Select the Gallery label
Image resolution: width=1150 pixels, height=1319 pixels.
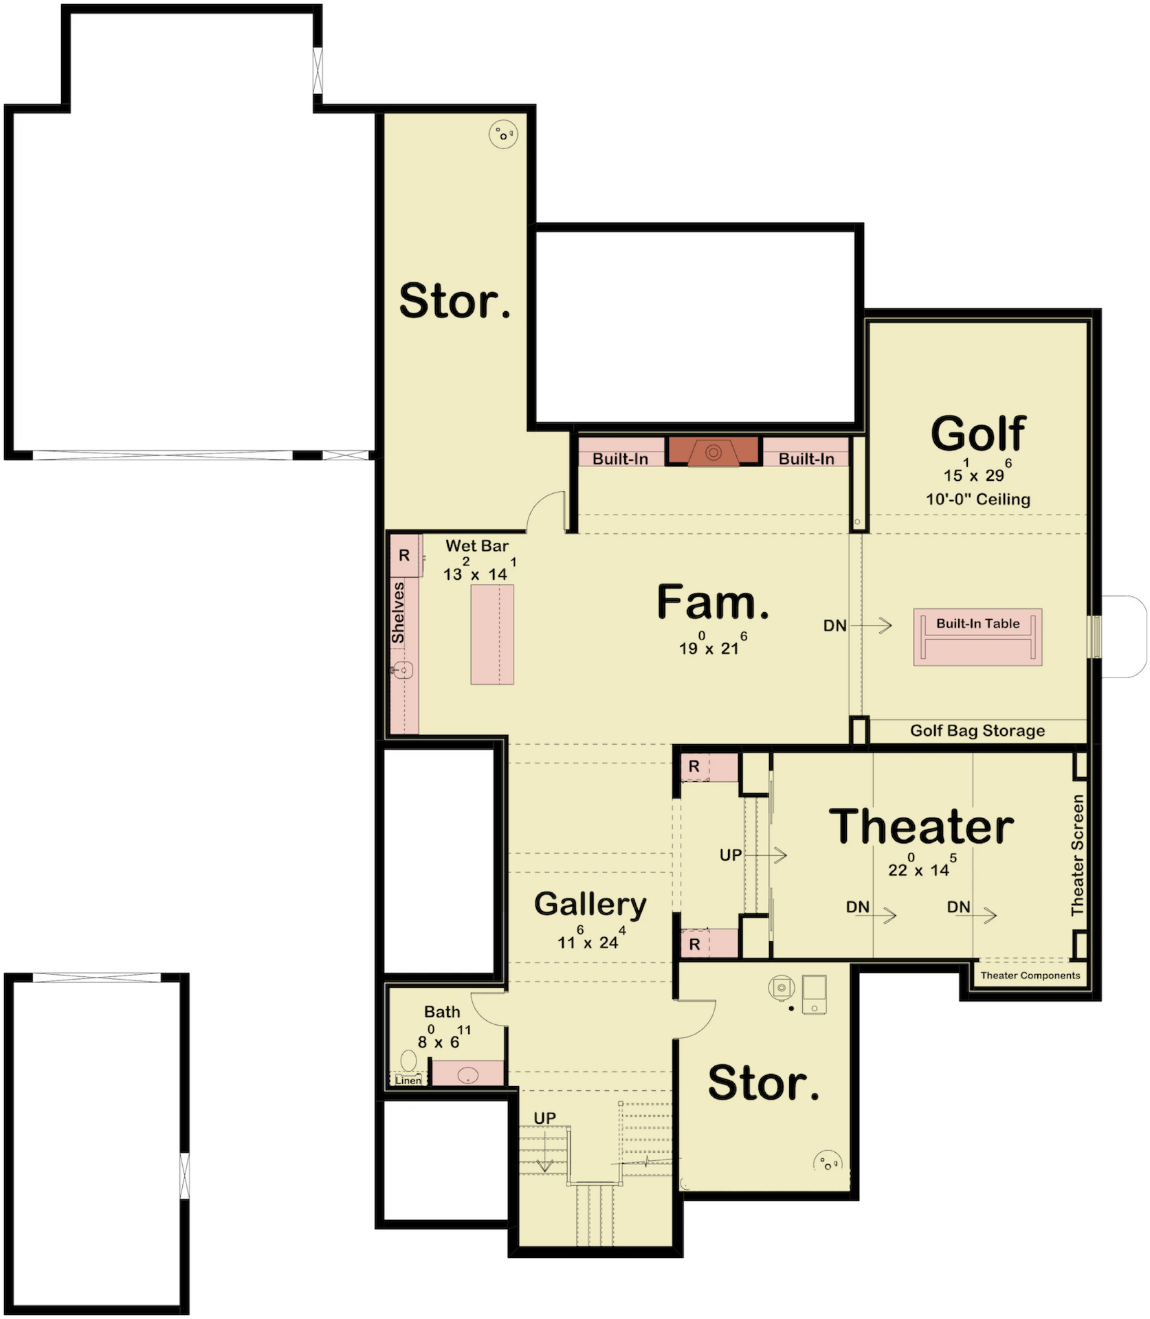(590, 905)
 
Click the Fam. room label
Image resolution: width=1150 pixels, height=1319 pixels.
(713, 602)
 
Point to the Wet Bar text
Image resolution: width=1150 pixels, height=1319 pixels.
(477, 545)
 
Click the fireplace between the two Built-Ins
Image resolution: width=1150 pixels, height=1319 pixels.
(714, 452)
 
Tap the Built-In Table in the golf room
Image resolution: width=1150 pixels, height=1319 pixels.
(977, 637)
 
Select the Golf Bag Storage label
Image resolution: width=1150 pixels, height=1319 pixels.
(977, 730)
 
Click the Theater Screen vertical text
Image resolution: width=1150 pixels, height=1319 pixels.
(1077, 855)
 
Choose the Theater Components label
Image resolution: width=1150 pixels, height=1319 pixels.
(1030, 975)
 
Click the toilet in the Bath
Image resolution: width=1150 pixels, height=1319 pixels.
(409, 1060)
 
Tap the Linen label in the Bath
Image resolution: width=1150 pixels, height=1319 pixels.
(408, 1080)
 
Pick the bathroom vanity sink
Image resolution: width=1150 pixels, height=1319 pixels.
(467, 1073)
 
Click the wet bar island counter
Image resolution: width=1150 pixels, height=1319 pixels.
(492, 635)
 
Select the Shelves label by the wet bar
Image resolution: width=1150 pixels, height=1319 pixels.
(398, 613)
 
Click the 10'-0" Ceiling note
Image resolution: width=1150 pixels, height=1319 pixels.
(977, 499)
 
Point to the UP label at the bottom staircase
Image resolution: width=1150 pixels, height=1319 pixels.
(545, 1118)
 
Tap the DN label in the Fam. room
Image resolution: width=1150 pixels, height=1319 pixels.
(835, 626)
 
